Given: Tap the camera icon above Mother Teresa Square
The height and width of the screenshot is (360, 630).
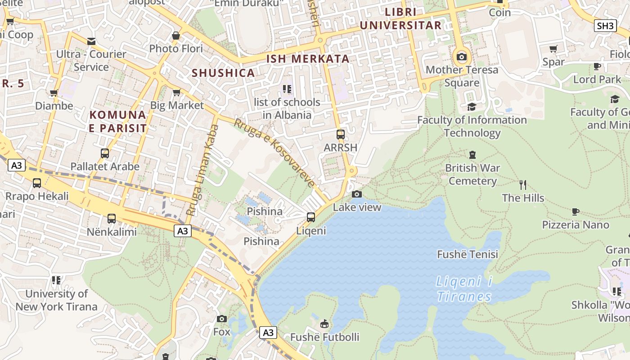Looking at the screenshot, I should (462, 57).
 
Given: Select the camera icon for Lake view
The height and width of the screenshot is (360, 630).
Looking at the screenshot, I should (357, 194).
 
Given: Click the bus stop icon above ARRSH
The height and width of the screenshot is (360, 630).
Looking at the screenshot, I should (341, 135).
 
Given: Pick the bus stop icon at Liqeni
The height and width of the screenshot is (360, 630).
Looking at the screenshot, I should (311, 217).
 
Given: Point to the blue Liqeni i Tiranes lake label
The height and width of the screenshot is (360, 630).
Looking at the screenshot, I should (464, 289).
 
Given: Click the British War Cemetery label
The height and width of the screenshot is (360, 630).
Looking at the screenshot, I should (472, 175).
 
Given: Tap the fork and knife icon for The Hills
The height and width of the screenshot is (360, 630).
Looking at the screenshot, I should (523, 185).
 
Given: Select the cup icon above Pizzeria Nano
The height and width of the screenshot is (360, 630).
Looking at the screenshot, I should (575, 211).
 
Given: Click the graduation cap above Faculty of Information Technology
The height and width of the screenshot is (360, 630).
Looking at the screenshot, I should (472, 107).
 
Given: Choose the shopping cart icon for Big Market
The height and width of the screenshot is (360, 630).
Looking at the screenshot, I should (177, 92).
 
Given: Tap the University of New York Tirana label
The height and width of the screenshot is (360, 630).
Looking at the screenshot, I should (56, 300).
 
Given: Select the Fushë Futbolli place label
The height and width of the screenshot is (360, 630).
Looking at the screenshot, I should (324, 337).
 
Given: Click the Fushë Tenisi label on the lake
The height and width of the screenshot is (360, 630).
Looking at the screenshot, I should (468, 255).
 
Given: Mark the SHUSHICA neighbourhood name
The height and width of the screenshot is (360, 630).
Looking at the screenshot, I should (223, 73).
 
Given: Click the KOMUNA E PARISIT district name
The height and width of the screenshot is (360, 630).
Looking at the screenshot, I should (118, 121).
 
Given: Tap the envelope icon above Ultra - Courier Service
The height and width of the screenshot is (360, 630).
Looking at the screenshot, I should (91, 41).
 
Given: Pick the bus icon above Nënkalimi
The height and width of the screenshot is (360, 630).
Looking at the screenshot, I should (111, 219).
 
